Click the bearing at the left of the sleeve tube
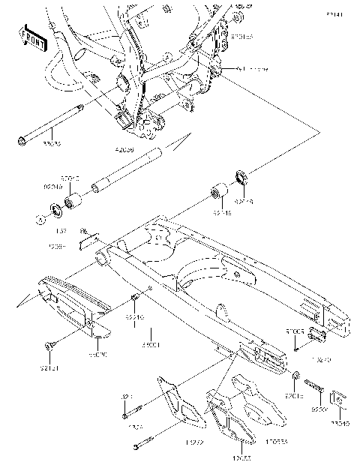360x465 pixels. tap(73, 201)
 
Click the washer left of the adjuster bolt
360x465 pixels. tap(297, 374)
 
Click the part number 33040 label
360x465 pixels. tap(342, 422)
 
